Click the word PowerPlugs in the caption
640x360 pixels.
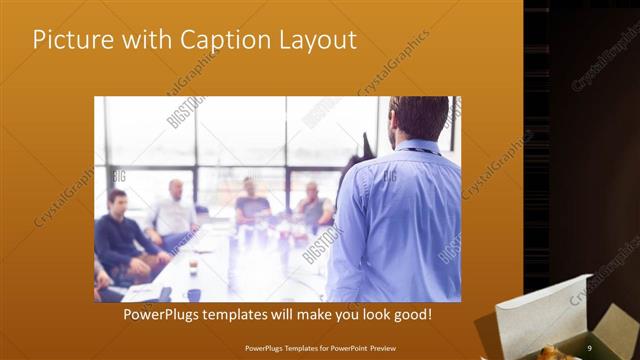164,314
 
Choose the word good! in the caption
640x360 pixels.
411,314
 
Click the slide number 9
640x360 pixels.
589,347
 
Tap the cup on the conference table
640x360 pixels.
193,265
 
